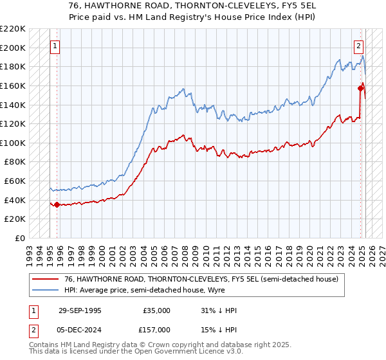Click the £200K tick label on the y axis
pos(13,48)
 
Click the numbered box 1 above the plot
pos(56,46)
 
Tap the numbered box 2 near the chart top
pos(358,46)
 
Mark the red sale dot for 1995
pos(57,205)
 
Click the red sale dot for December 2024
pos(360,89)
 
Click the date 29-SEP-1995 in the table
pos(80,310)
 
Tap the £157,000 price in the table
pos(156,330)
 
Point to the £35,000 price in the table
pos(157,310)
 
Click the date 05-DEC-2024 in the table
pos(80,330)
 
